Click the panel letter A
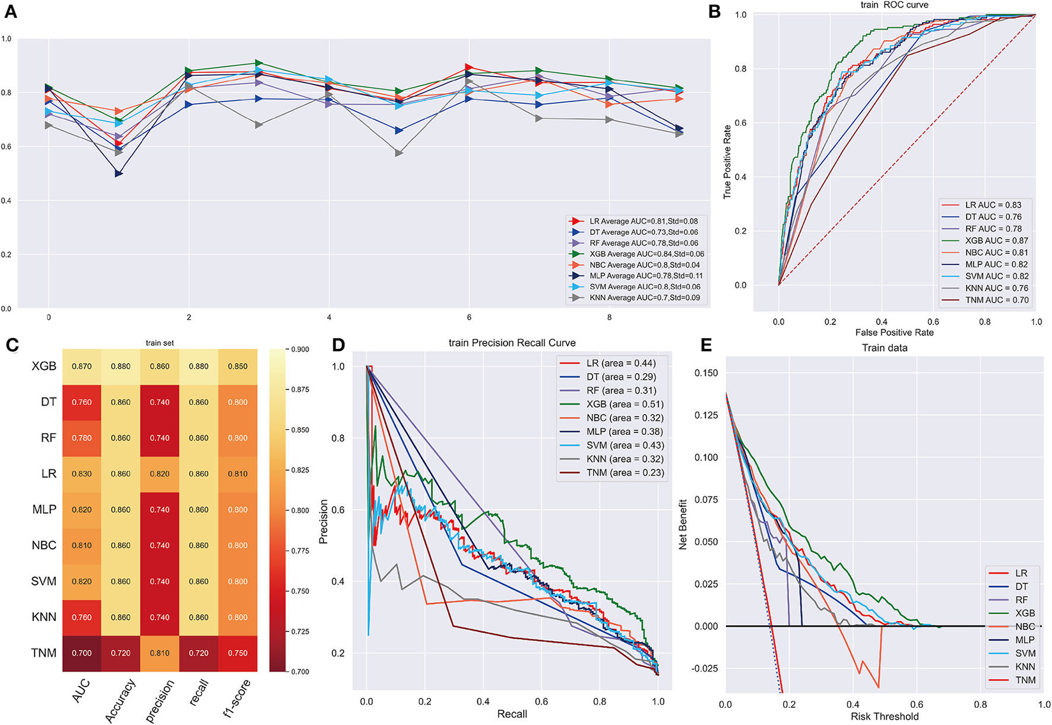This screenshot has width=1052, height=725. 11,12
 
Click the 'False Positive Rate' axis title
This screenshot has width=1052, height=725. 894,333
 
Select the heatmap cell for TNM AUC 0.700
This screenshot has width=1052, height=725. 82,653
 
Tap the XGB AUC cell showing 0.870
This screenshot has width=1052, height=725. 82,367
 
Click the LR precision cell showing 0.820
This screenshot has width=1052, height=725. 160,474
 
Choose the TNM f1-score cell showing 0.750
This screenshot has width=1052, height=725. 237,653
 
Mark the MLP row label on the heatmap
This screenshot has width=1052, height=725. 45,510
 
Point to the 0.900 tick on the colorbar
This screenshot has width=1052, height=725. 300,349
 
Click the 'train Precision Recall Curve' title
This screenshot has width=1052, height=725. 512,343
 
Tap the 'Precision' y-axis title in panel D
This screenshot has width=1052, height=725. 324,522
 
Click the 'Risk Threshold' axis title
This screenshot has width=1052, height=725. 884,717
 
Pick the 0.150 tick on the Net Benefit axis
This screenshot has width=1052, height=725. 706,373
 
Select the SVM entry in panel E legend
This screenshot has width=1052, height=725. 1025,653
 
